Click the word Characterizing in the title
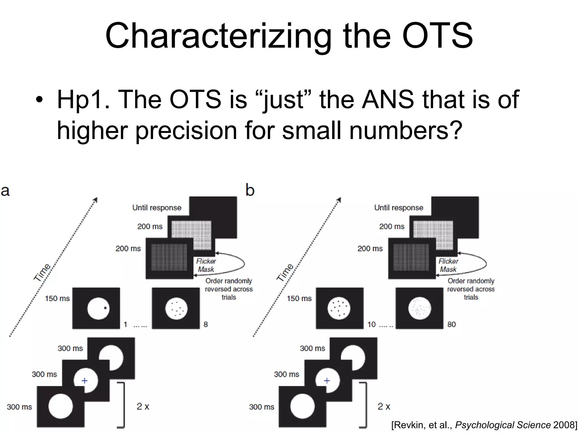point(218,36)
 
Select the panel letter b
point(250,190)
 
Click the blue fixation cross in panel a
point(85,381)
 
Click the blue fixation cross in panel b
point(327,381)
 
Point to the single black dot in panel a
point(105,308)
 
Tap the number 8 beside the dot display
point(206,324)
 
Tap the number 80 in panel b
point(451,324)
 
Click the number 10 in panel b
point(371,324)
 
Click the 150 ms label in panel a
point(57,298)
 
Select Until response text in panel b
point(399,208)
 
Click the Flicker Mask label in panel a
point(206,265)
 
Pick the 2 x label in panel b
point(384,406)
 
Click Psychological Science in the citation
point(503,425)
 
